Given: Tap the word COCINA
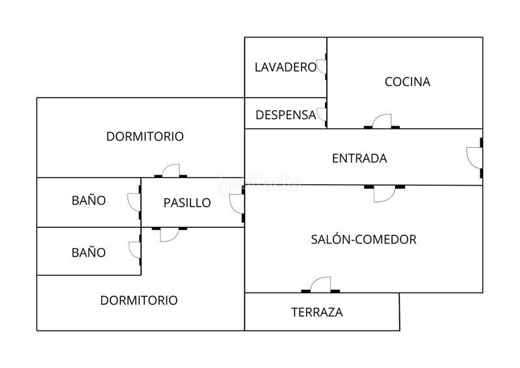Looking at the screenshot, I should [408, 82].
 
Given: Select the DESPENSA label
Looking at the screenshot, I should [285, 115].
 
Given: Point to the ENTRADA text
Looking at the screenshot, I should [359, 158].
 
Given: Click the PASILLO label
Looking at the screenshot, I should [187, 203].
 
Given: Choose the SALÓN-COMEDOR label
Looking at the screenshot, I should [363, 239].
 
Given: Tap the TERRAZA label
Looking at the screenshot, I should [317, 312].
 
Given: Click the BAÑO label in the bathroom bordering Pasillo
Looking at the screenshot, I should [88, 201].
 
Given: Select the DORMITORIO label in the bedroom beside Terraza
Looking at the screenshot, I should [139, 300].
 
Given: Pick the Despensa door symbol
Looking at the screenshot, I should [320, 116].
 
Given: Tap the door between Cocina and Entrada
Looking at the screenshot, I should [382, 121].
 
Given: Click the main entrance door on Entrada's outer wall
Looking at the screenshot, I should [474, 157].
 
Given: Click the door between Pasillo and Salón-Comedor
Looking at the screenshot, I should [237, 203].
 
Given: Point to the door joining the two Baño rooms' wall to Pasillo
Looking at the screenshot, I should [135, 202].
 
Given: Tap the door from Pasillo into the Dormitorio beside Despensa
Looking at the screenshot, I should [170, 170].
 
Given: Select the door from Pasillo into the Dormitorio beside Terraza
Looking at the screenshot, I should [169, 234].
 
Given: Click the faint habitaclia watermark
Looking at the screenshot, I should [260, 184].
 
